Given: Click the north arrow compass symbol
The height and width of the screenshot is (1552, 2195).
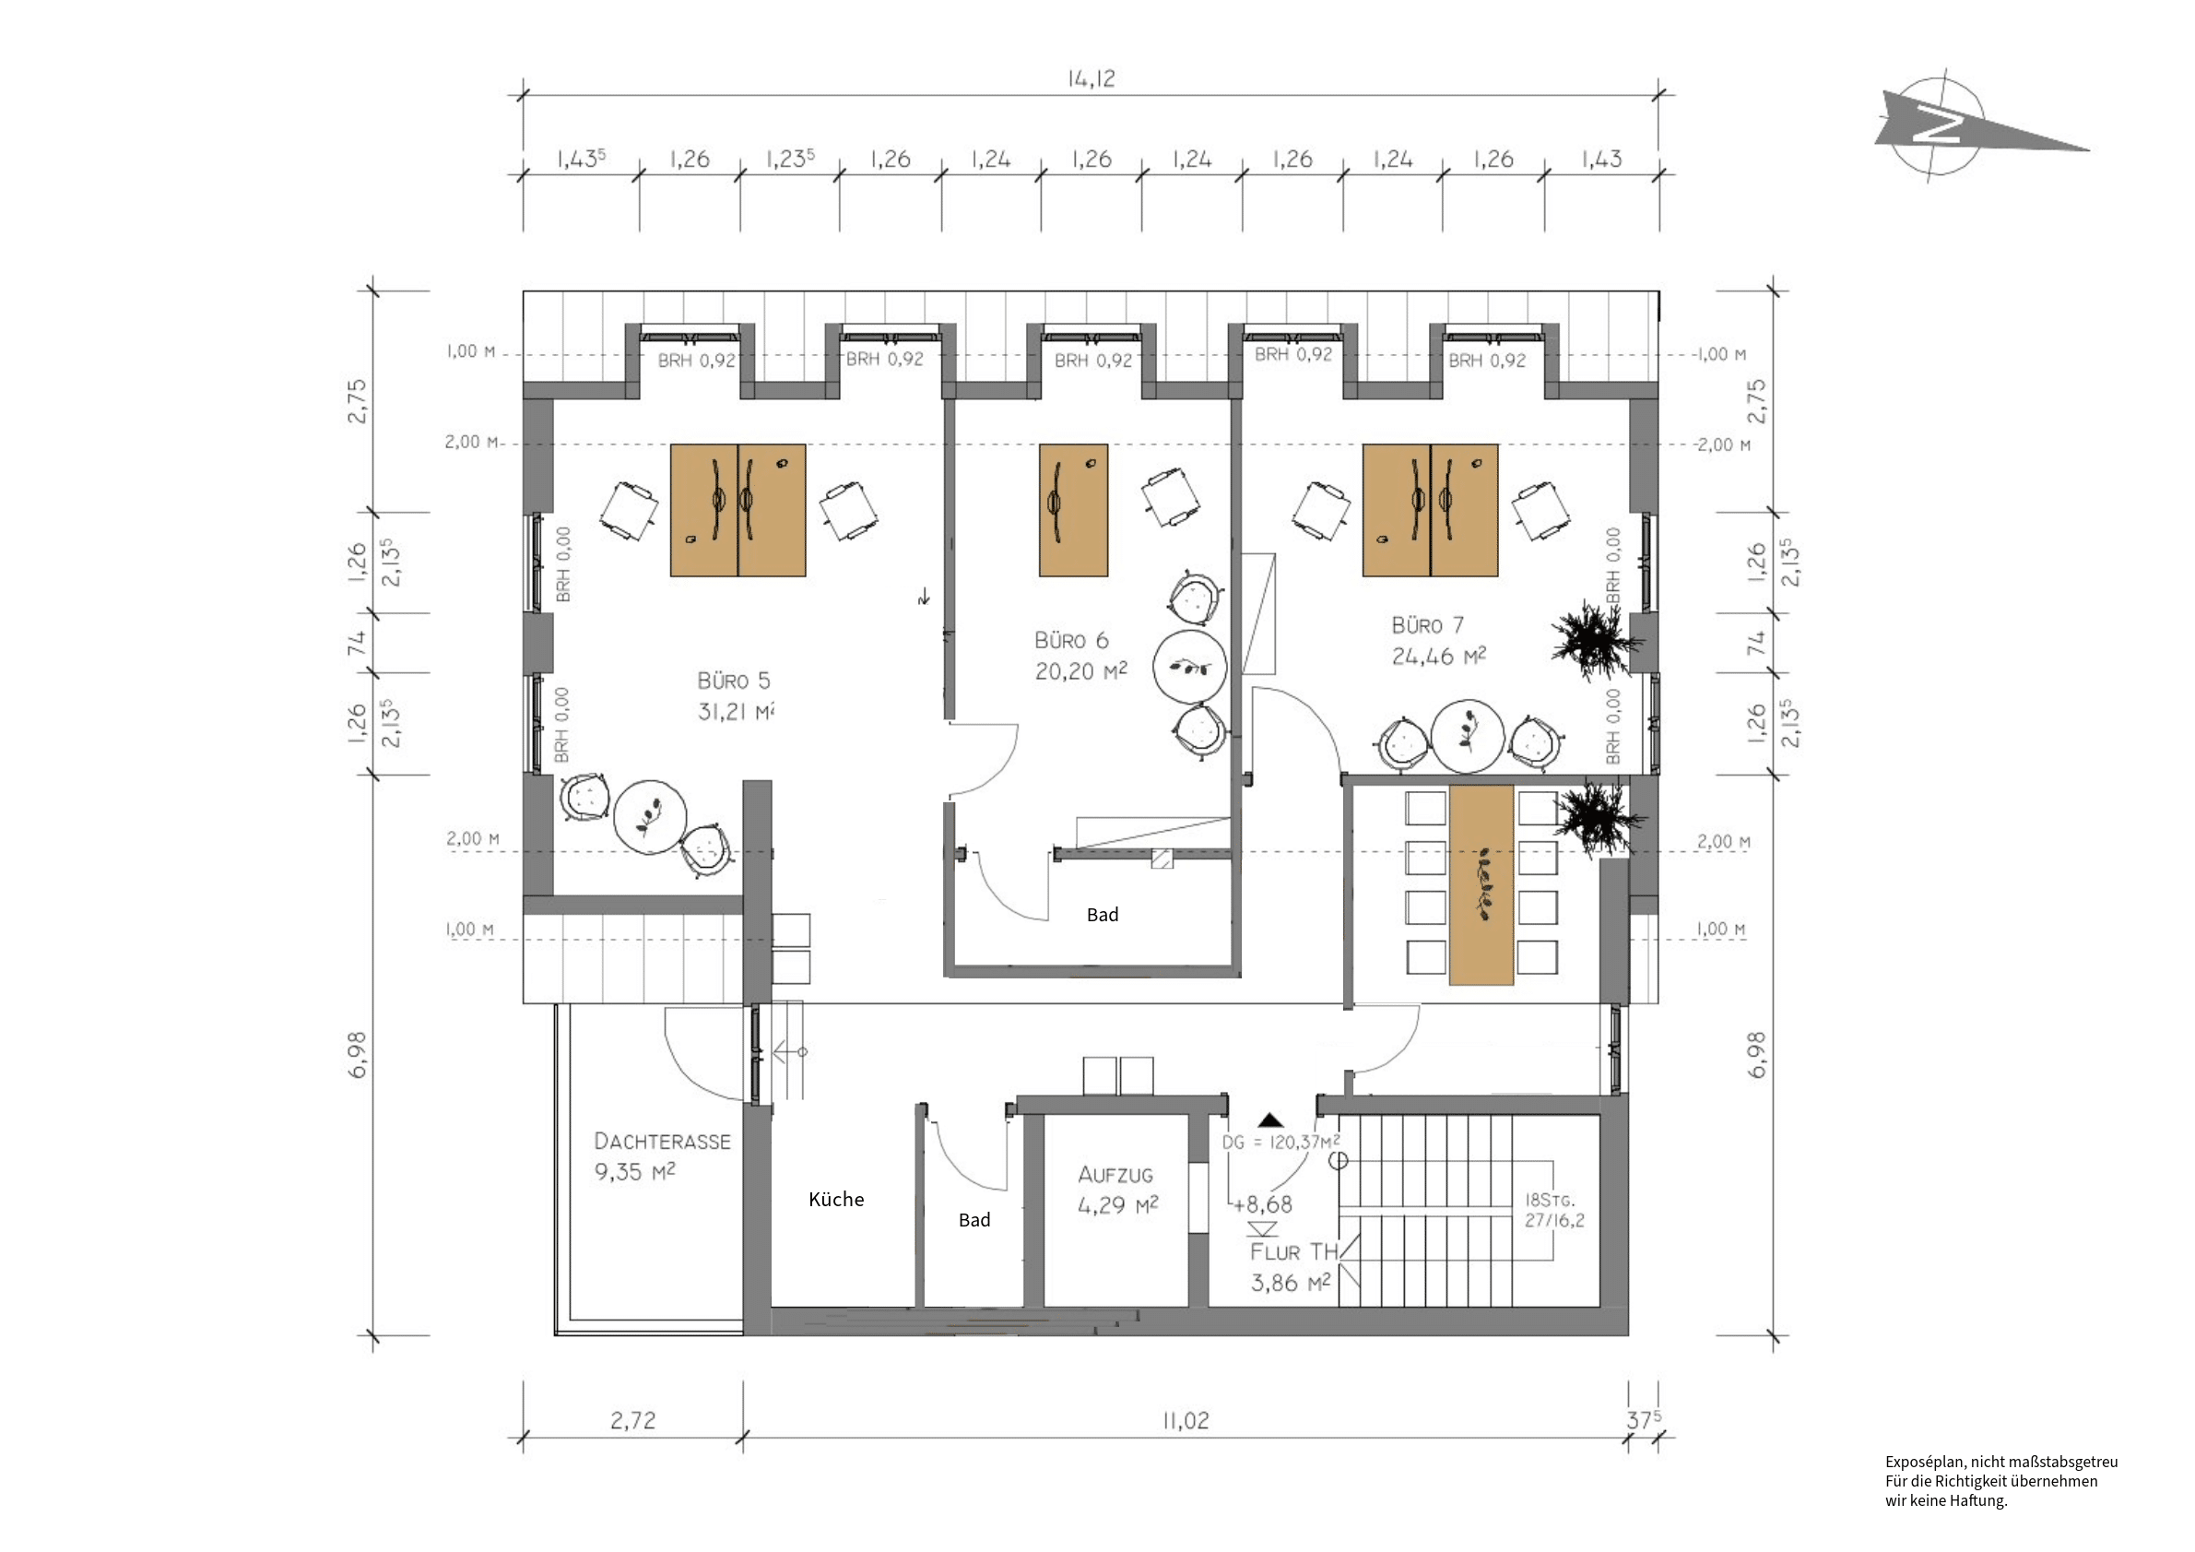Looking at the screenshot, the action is (x=1951, y=125).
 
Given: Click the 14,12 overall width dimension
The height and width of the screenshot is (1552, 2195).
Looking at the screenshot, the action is (x=1091, y=78).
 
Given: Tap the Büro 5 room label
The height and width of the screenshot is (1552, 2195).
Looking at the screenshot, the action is (x=733, y=681).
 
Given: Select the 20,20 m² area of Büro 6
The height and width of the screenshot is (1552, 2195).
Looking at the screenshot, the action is (x=1080, y=671).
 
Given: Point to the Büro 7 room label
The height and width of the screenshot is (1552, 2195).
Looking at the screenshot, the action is (x=1427, y=625).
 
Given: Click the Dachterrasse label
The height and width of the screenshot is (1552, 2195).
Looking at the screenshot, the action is (x=662, y=1141).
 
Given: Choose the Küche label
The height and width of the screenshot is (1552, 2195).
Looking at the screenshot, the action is (x=835, y=1199).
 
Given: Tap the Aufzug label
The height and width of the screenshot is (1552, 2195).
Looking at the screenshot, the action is (x=1115, y=1174).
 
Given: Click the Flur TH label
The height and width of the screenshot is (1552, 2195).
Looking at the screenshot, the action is (x=1293, y=1251).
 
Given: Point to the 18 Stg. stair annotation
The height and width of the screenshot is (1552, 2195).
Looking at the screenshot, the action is (x=1549, y=1199).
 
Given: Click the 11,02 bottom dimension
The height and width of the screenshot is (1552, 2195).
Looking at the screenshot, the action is (x=1186, y=1421).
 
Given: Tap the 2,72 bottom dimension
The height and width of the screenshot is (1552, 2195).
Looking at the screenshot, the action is (x=633, y=1421).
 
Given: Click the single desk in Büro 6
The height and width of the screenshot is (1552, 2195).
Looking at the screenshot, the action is (x=1074, y=510).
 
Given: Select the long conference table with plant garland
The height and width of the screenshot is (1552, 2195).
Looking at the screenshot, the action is (x=1481, y=884).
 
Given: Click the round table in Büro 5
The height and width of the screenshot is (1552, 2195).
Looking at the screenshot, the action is (x=650, y=818).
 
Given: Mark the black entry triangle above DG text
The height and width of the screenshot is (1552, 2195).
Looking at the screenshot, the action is (x=1269, y=1120).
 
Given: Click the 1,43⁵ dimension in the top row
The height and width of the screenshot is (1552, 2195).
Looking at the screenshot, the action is (x=582, y=159).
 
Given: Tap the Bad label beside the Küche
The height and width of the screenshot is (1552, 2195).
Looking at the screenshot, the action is (x=974, y=1219).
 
